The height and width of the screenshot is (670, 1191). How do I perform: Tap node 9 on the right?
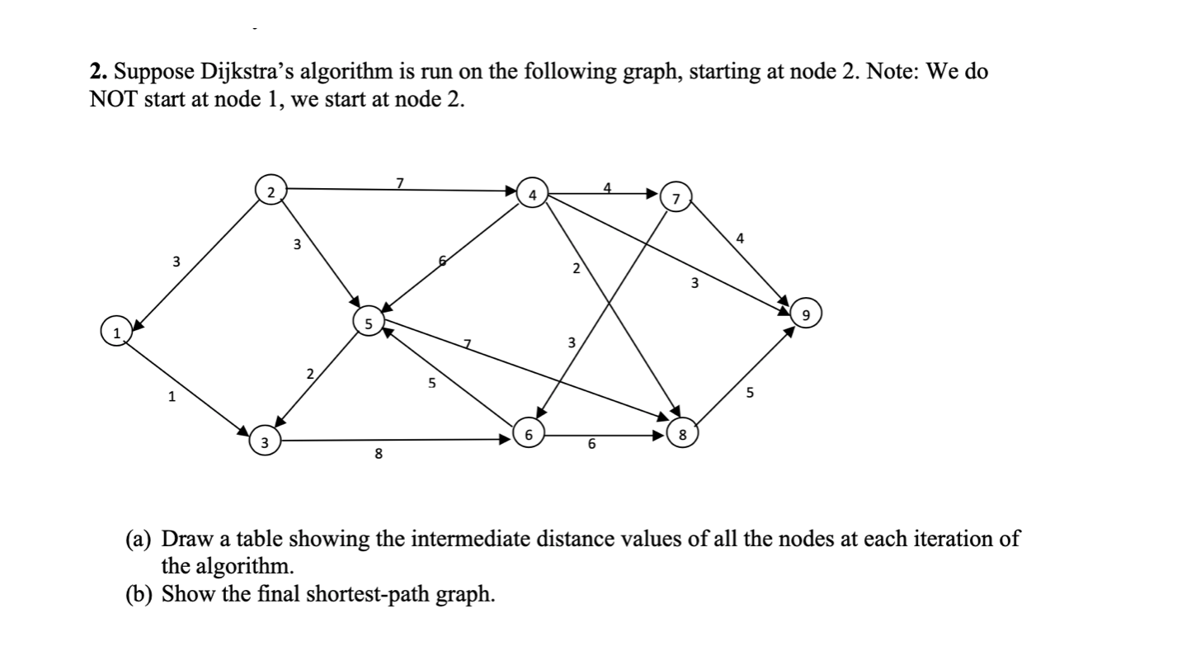point(805,314)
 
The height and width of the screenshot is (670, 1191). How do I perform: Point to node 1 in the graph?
point(116,332)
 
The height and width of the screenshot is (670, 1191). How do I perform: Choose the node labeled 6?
point(528,432)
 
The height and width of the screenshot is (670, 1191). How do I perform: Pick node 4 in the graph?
point(533,195)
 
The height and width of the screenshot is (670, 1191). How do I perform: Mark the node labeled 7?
point(676,198)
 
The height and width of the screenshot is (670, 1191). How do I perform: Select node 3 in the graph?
point(263,442)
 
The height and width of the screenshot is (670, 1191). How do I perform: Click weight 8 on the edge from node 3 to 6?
point(378,453)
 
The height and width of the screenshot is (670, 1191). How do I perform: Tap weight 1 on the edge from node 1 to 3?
point(171,398)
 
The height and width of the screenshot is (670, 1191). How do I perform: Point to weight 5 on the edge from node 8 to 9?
point(750,393)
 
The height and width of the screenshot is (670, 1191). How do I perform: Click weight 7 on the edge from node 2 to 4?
point(400,182)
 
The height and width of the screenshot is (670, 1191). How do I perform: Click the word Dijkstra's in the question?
point(253,73)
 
